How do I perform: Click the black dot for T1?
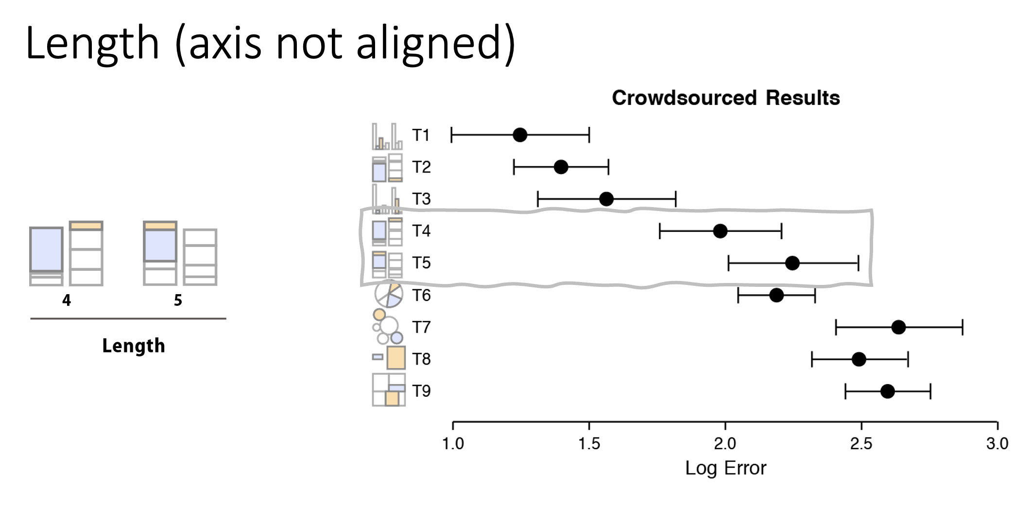[x=520, y=135]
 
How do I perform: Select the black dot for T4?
[x=720, y=231]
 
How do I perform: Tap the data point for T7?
[x=898, y=327]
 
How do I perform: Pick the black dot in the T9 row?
[x=887, y=391]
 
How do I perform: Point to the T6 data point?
[x=776, y=295]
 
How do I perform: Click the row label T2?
[x=421, y=167]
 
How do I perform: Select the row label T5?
[x=421, y=263]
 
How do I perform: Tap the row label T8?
[x=421, y=359]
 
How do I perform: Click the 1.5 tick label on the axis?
[x=589, y=444]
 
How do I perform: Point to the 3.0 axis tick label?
[x=997, y=444]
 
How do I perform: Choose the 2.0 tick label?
[x=725, y=444]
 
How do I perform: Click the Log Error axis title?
[x=725, y=468]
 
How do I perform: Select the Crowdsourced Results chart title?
[x=726, y=98]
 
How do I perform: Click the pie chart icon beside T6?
[x=388, y=294]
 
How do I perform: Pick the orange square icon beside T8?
[x=396, y=358]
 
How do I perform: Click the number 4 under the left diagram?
[x=67, y=300]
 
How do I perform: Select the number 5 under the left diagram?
[x=178, y=300]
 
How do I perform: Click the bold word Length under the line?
[x=134, y=346]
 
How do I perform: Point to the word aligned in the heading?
[x=435, y=44]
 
